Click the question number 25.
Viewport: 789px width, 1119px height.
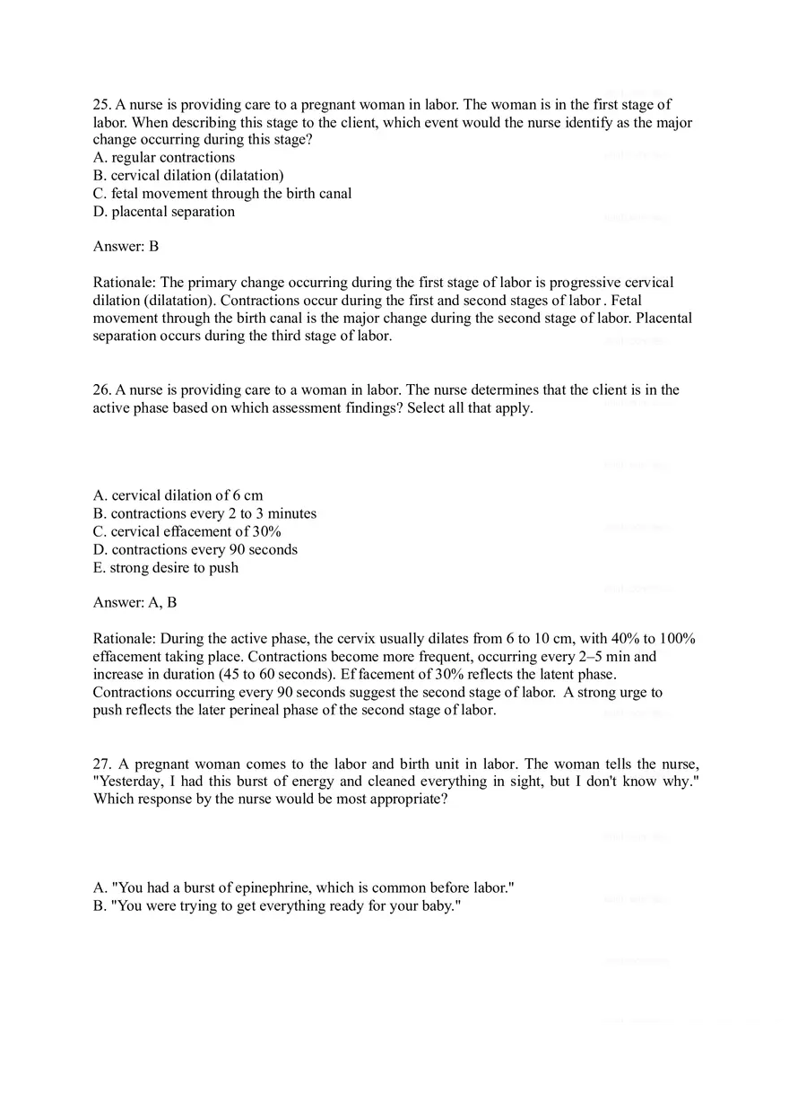[101, 105]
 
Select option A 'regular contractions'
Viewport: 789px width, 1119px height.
[164, 158]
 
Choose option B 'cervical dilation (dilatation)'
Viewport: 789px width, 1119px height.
[188, 176]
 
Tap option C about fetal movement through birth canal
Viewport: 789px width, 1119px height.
[222, 194]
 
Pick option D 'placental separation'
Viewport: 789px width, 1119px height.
[164, 212]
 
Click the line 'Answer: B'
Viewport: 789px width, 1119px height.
[126, 246]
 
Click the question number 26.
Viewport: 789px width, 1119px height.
[101, 390]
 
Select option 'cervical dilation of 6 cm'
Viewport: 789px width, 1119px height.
[178, 495]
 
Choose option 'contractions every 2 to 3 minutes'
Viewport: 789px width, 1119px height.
[204, 513]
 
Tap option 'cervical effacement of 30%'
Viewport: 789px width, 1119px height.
[187, 531]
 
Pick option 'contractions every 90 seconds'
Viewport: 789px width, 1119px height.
[195, 549]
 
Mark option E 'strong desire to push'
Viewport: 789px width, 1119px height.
[166, 567]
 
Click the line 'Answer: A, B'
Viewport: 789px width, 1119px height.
[134, 602]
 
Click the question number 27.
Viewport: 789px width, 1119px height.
[101, 765]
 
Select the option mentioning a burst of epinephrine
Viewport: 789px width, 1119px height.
[304, 887]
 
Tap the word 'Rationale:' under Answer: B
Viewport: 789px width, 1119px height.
[125, 283]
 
